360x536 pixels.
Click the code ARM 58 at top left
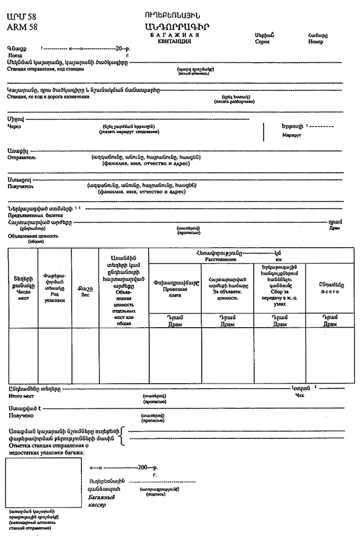[x=22, y=27]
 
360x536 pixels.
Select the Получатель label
[x=21, y=185]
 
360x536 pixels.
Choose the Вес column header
[x=85, y=295]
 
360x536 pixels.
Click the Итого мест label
[x=21, y=396]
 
